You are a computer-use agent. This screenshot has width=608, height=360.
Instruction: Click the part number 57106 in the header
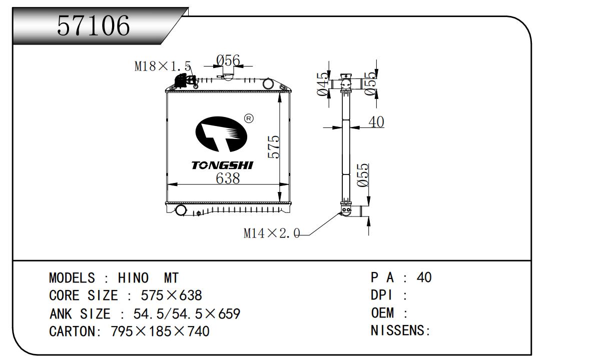(x=93, y=25)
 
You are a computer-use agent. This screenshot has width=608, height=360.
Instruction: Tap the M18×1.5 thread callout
(x=163, y=66)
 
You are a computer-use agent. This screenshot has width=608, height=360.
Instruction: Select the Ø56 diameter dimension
(x=228, y=60)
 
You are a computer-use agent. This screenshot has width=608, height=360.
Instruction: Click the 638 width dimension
(x=228, y=178)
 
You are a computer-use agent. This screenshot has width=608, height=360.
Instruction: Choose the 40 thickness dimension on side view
(x=376, y=121)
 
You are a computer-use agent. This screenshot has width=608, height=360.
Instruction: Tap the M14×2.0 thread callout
(x=271, y=233)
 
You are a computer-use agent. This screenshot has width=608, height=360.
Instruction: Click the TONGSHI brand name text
(x=222, y=165)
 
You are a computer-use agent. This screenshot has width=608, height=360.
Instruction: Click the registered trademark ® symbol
(x=249, y=118)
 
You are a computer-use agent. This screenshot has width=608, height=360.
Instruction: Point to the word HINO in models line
(x=133, y=278)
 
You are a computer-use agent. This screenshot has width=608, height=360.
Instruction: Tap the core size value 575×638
(x=172, y=295)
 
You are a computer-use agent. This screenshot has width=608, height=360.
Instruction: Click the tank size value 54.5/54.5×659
(x=187, y=314)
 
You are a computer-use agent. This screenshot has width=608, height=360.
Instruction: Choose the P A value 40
(x=424, y=277)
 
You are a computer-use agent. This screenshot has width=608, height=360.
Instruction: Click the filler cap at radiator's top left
(x=183, y=80)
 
